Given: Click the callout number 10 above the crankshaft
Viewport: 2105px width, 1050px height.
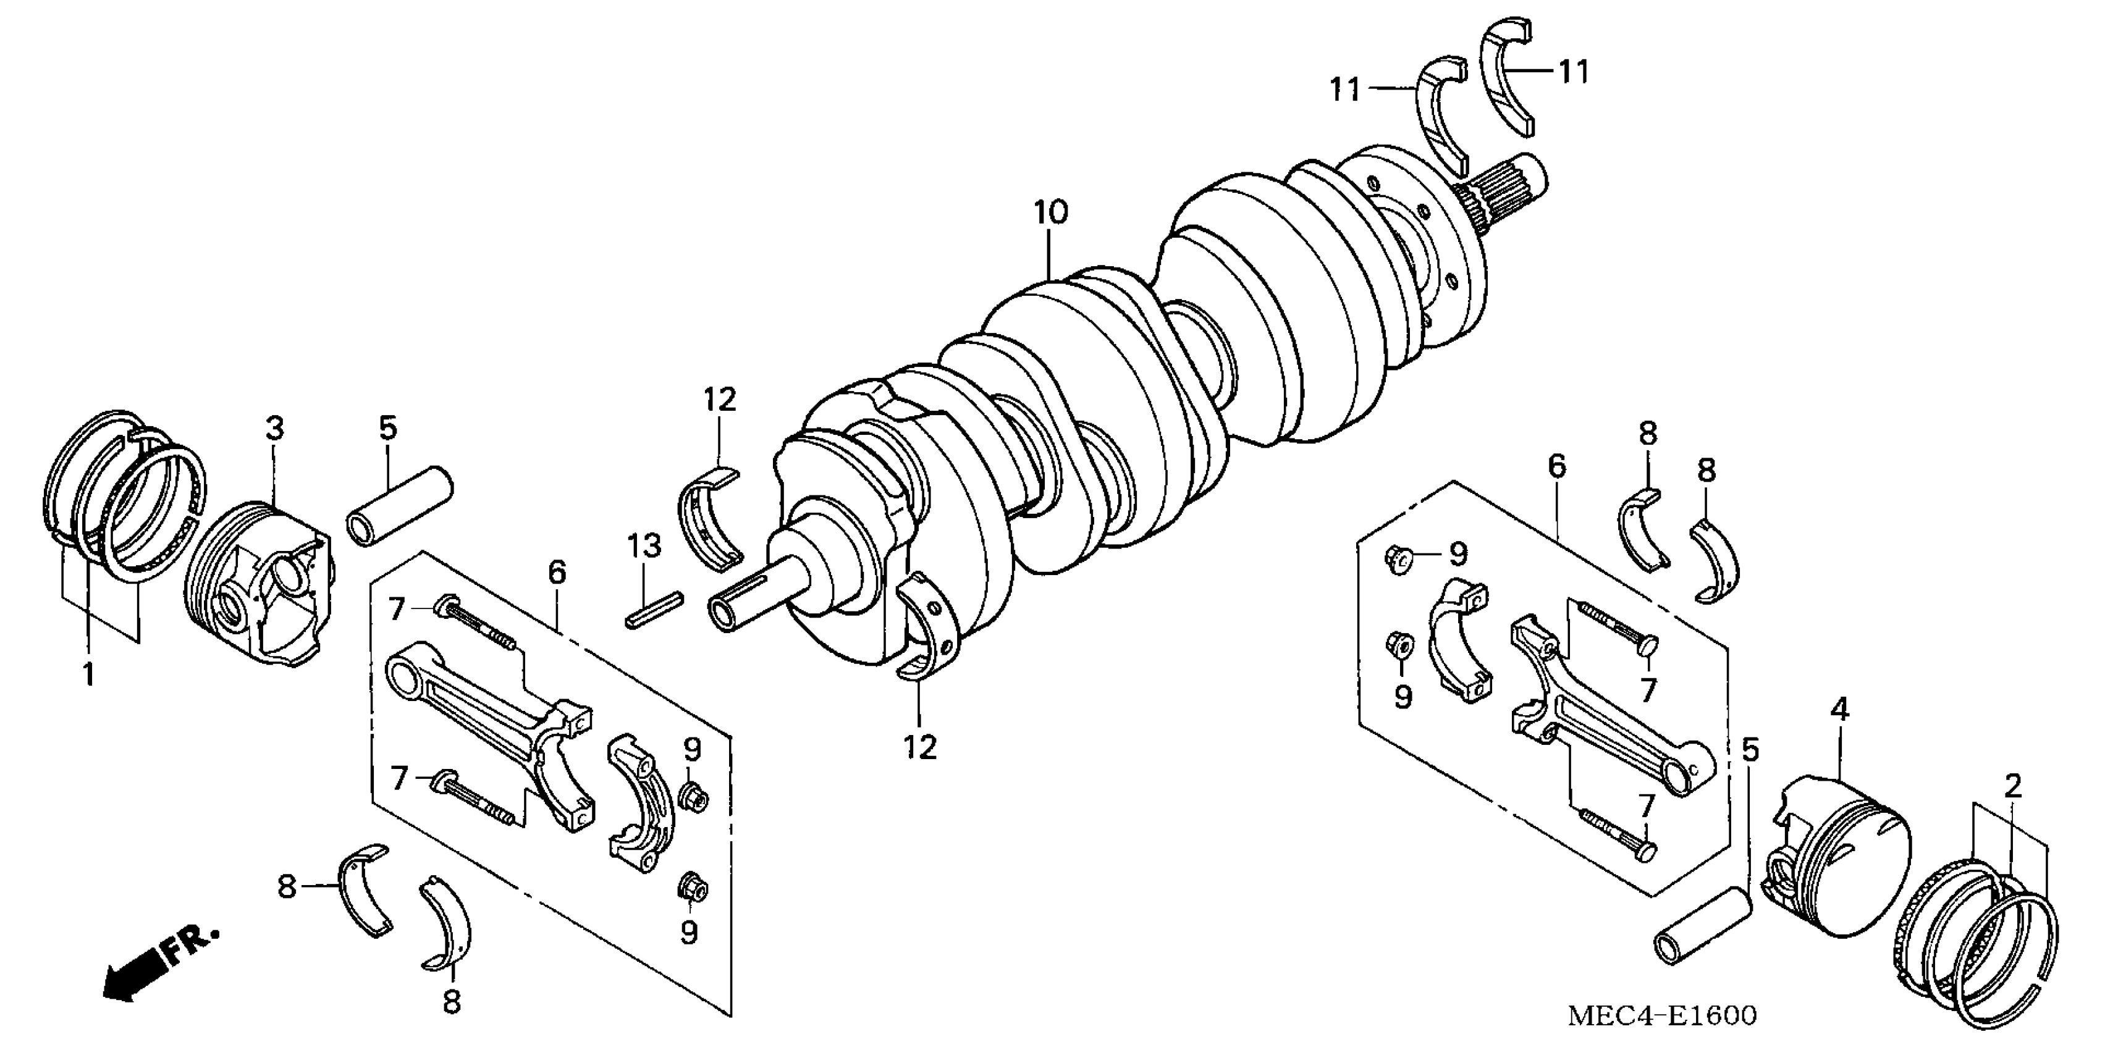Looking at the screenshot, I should tap(1050, 213).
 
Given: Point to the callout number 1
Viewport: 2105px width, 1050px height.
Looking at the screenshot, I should tap(89, 675).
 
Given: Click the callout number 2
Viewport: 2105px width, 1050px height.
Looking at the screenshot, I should tap(2013, 787).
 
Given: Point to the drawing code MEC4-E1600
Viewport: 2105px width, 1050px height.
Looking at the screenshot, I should tap(1663, 1015).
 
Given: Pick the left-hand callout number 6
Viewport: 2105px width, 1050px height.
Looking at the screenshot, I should tap(557, 573).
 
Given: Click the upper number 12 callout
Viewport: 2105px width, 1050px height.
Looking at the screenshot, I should tap(720, 400).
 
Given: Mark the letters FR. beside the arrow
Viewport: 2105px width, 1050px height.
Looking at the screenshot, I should tap(192, 946).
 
